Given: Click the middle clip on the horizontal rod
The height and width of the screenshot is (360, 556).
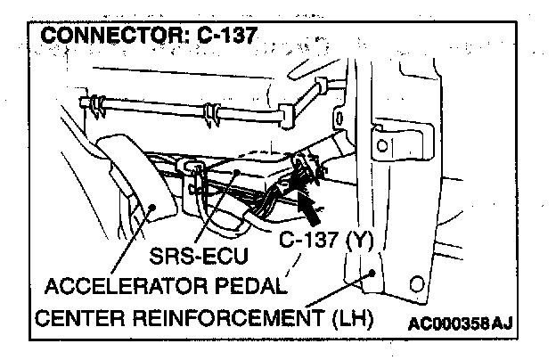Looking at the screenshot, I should (x=211, y=113).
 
